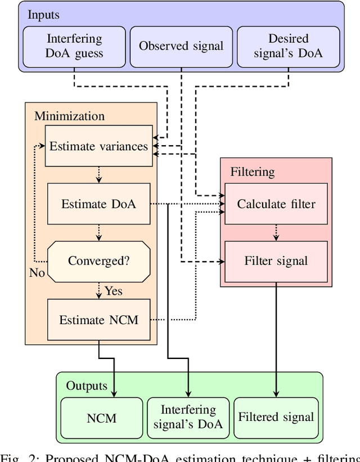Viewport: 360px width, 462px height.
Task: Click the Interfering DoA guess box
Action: [74, 46]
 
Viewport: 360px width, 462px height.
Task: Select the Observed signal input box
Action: [181, 46]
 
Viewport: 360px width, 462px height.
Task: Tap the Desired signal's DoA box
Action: [288, 46]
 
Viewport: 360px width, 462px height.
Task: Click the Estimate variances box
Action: [98, 146]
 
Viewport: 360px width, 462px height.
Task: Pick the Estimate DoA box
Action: [98, 204]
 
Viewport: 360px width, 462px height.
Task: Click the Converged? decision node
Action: [98, 261]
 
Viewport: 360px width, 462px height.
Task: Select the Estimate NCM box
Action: [98, 320]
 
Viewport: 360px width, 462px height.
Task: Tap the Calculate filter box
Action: [276, 204]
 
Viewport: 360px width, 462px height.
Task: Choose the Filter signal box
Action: [276, 261]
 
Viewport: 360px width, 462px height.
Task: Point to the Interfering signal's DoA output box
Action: [188, 417]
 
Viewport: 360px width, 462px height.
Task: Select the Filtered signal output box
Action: [276, 417]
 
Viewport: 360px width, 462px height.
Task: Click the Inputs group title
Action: [44, 15]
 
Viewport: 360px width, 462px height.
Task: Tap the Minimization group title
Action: [70, 116]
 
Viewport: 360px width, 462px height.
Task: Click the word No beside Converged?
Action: [37, 272]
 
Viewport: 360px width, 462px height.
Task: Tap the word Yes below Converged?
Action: [113, 291]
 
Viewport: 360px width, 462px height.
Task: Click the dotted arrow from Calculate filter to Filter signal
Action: [276, 232]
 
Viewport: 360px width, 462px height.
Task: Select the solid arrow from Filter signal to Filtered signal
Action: [276, 338]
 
